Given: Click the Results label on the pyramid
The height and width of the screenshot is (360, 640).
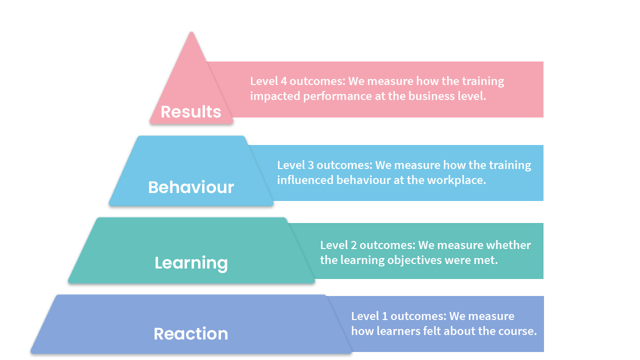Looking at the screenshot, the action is pyautogui.click(x=191, y=111).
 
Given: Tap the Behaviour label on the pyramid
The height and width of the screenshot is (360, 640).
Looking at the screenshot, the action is pyautogui.click(x=191, y=187).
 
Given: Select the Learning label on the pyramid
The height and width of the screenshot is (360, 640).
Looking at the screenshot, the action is pyautogui.click(x=191, y=263).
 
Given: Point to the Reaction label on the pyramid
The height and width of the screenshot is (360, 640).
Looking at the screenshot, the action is pyautogui.click(x=191, y=333).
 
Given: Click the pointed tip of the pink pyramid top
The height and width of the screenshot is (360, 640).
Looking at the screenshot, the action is pyautogui.click(x=191, y=32).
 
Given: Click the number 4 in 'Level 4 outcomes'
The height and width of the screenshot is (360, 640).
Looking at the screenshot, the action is pyautogui.click(x=283, y=81).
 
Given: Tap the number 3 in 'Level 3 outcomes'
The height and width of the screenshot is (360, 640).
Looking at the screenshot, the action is pyautogui.click(x=310, y=165).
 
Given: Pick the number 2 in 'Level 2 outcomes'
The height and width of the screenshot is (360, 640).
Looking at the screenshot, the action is pyautogui.click(x=353, y=245).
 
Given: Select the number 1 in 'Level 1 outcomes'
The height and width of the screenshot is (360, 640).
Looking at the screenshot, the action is pyautogui.click(x=385, y=316).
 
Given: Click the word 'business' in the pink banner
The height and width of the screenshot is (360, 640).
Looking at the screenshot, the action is pyautogui.click(x=431, y=96).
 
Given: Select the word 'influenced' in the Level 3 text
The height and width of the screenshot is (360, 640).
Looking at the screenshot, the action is pyautogui.click(x=305, y=180).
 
